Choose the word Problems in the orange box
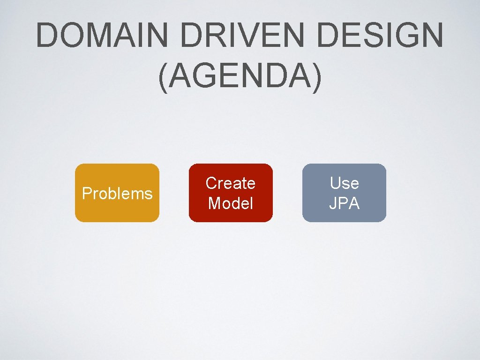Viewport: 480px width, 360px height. point(117,194)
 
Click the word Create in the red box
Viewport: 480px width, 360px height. point(230,183)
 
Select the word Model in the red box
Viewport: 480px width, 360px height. point(230,203)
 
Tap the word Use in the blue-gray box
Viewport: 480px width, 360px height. point(344,183)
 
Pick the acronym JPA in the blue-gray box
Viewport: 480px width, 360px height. point(344,203)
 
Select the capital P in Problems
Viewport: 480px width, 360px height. point(86,194)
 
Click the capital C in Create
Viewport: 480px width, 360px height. point(211,183)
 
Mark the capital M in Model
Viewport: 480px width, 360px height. point(215,203)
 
